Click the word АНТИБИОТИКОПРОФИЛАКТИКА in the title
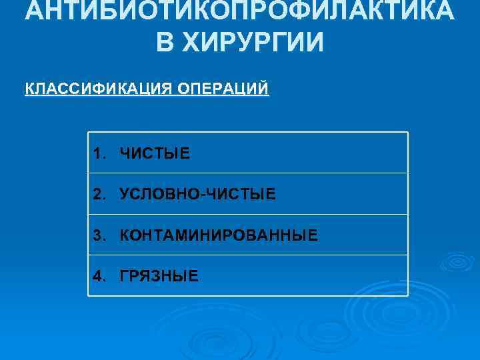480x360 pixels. coord(240,11)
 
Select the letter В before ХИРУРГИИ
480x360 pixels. coord(165,43)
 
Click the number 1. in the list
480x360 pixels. coord(100,154)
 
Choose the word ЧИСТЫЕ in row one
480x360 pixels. coord(155,154)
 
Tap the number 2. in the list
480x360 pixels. coord(100,194)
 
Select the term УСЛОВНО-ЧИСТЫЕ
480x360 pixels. coord(197,194)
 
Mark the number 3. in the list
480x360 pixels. coord(100,235)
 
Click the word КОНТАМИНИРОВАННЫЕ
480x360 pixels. coord(219,235)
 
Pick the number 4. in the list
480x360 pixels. coord(100,275)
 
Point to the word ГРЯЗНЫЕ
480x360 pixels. coord(159,275)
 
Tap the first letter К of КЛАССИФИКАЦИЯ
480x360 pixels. coord(29,89)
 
